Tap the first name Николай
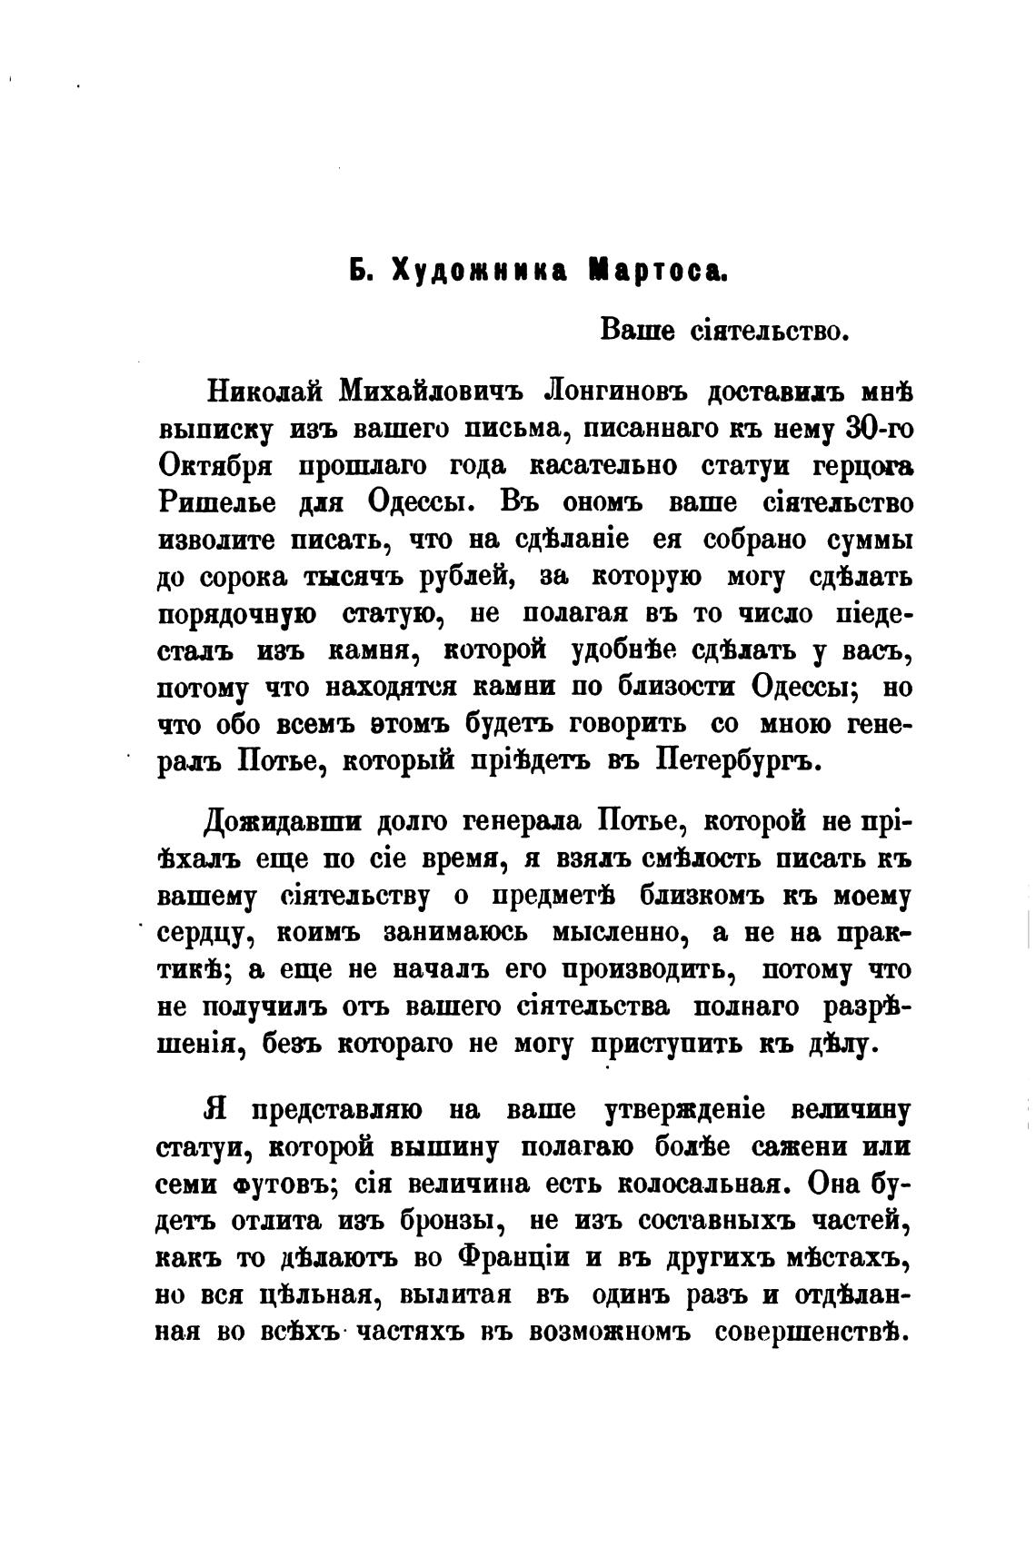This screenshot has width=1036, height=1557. pyautogui.click(x=265, y=391)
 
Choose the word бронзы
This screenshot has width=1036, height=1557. pyautogui.click(x=454, y=1222)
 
